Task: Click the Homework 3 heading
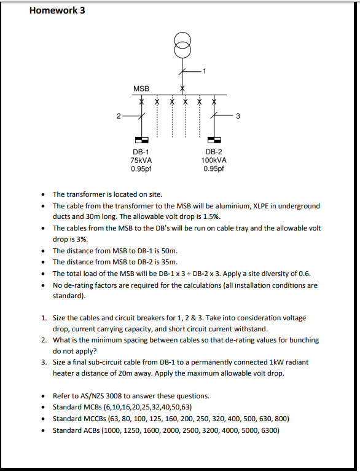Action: (57, 10)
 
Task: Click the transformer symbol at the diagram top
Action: (182, 44)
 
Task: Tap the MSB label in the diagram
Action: (141, 89)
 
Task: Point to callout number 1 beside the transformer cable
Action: (205, 71)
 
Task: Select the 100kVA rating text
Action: (214, 160)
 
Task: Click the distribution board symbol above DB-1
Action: (141, 140)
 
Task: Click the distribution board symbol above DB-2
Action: (214, 140)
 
